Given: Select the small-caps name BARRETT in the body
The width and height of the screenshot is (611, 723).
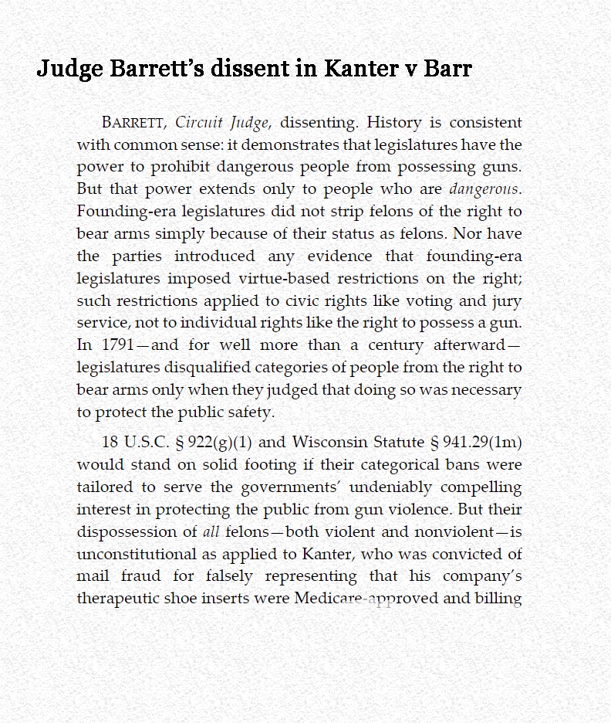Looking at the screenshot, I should [x=133, y=123].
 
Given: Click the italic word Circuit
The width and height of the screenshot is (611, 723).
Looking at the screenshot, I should [x=199, y=122].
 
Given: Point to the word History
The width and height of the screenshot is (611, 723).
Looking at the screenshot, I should [x=394, y=122].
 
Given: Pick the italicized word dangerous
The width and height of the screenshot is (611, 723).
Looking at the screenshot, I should [x=484, y=189].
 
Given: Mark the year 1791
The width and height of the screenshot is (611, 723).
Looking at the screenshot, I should [x=116, y=345].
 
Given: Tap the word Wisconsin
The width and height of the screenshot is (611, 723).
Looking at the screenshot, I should [x=329, y=443].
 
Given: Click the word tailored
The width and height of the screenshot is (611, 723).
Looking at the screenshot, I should [x=104, y=487].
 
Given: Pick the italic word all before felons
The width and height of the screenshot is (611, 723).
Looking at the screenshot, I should [x=211, y=532].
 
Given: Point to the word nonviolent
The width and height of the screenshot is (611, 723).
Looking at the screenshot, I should [x=454, y=532].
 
